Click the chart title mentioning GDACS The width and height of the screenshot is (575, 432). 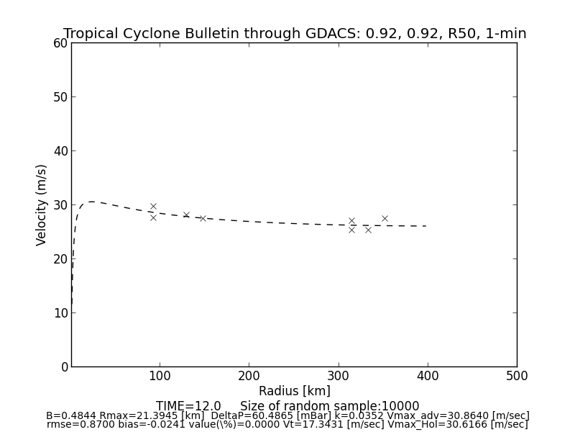click(295, 34)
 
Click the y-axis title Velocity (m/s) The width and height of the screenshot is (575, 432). click(42, 204)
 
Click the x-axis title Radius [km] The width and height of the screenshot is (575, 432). click(295, 391)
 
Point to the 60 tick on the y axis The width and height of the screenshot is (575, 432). click(60, 43)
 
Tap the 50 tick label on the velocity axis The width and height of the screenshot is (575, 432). click(60, 97)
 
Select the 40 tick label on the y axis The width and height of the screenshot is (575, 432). click(60, 151)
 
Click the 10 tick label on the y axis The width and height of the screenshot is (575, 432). click(60, 313)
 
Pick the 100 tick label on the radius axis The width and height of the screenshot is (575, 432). click(160, 376)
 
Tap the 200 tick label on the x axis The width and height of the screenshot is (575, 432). click(249, 376)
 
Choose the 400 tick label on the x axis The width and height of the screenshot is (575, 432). click(428, 376)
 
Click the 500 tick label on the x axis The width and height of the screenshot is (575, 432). click(516, 376)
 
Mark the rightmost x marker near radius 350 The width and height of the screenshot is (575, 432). click(385, 218)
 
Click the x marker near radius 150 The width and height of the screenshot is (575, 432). click(203, 218)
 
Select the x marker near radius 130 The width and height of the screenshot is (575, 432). click(186, 215)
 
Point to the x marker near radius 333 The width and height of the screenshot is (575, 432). click(368, 230)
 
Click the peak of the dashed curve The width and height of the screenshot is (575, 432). click(91, 202)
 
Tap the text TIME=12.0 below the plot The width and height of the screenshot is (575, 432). click(188, 406)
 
